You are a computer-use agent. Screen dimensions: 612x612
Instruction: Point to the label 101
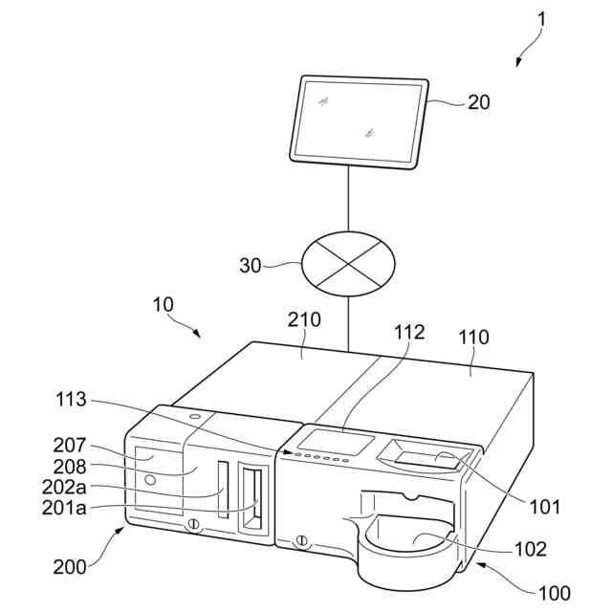pos(545,507)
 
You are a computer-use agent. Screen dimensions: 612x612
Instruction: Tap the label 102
pos(530,549)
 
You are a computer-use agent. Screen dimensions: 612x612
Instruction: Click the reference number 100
pos(555,593)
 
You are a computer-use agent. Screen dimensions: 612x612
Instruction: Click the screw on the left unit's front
pos(193,524)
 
